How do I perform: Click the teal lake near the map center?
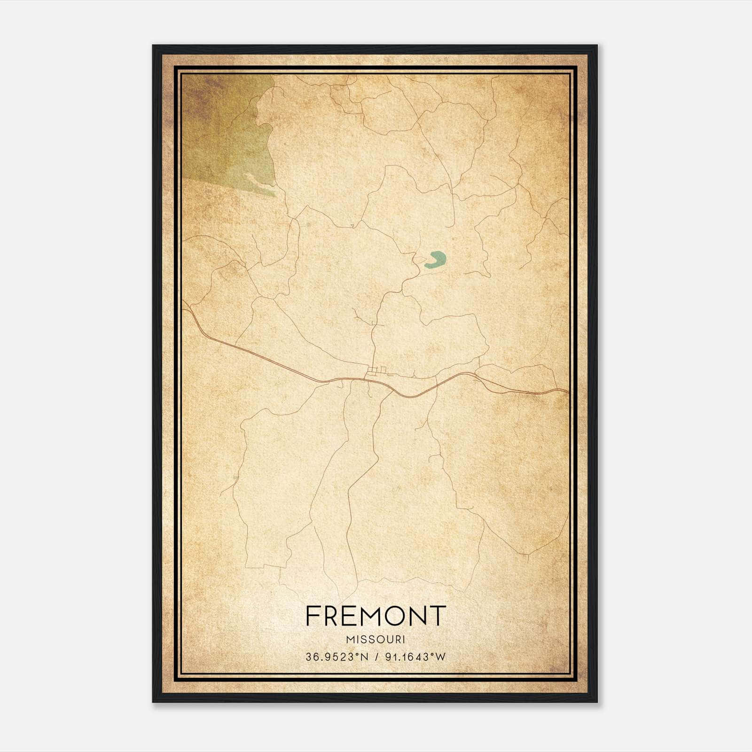pyautogui.click(x=435, y=260)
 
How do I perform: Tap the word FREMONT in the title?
pyautogui.click(x=375, y=616)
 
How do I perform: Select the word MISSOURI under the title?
pyautogui.click(x=375, y=639)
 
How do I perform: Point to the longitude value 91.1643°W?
pyautogui.click(x=415, y=657)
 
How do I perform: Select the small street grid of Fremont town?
pyautogui.click(x=376, y=371)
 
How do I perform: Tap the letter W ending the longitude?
pyautogui.click(x=441, y=657)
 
